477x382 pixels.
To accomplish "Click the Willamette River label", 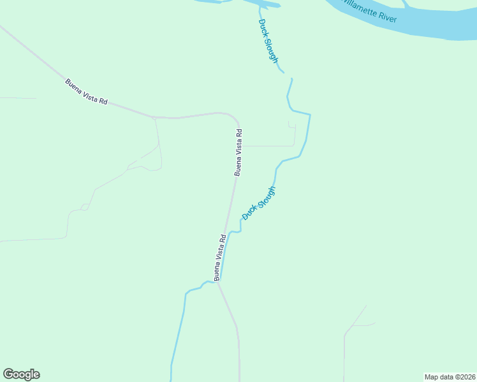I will pos(369,11).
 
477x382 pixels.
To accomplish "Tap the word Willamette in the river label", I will pos(359,8).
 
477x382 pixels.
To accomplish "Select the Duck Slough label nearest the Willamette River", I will pos(268,41).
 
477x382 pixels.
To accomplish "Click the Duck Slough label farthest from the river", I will pos(259,203).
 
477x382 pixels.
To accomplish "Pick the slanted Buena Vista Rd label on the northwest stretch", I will pos(87,92).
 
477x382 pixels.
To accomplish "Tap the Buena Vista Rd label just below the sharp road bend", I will pos(238,153).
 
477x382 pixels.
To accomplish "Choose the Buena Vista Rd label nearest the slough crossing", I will pos(220,257).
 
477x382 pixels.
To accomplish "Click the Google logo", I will pos(21,374).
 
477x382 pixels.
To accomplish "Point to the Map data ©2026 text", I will pos(449,377).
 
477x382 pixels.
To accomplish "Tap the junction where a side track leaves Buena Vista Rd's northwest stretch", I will pos(155,118).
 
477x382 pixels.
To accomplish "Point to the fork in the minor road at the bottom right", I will pos(353,325).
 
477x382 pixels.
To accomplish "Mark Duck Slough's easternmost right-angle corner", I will pos(310,115).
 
